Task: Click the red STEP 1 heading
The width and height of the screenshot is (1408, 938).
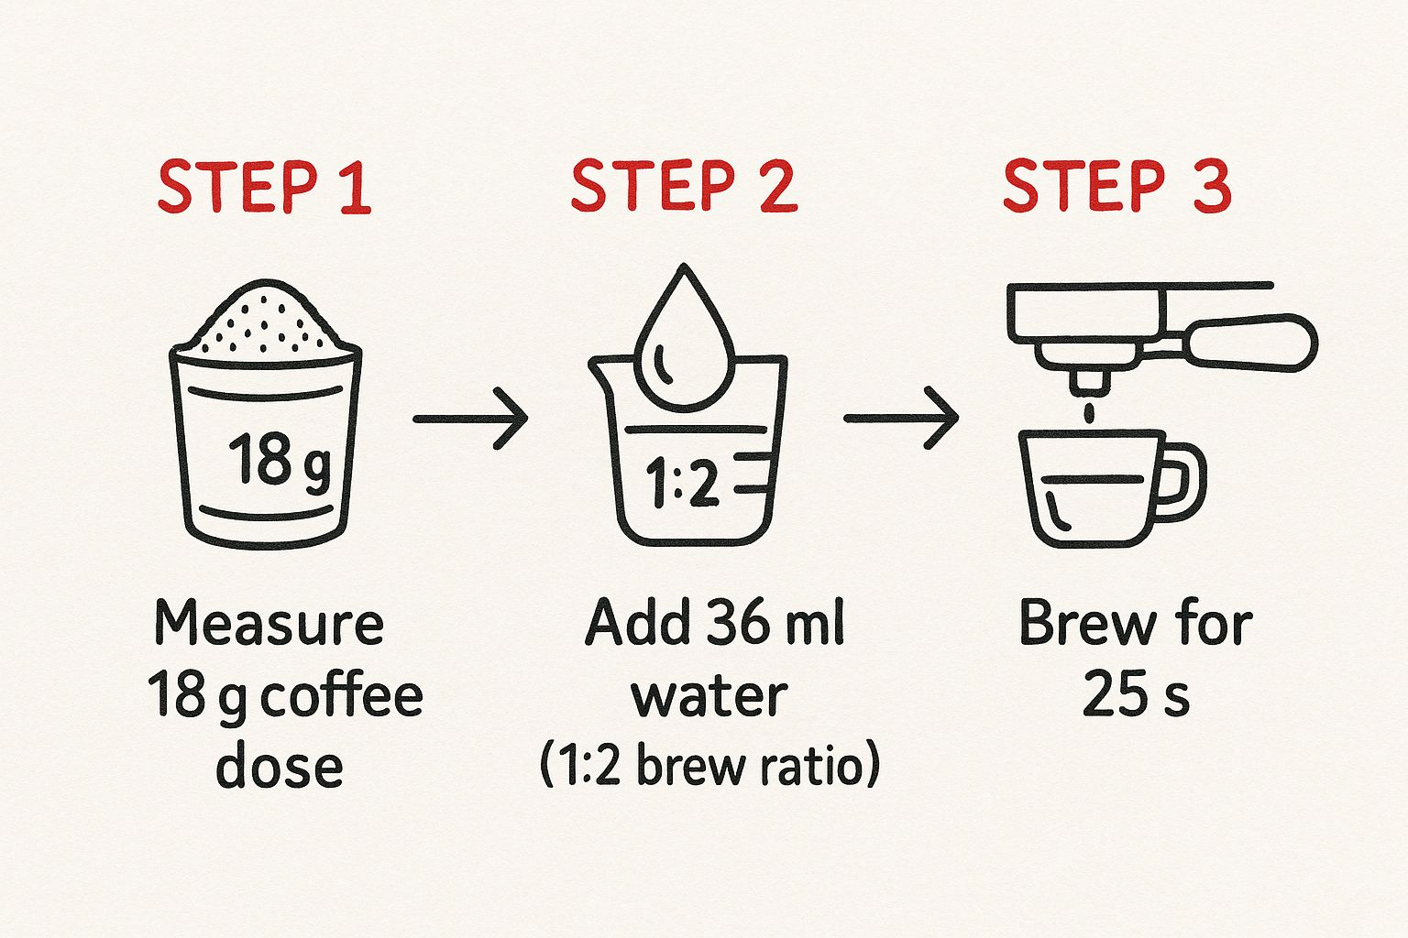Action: pyautogui.click(x=265, y=187)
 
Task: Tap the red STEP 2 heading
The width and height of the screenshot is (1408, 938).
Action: pyautogui.click(x=685, y=185)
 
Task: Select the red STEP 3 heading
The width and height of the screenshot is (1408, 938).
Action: pyautogui.click(x=1117, y=185)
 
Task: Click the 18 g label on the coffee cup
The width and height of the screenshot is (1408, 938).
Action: pyautogui.click(x=280, y=459)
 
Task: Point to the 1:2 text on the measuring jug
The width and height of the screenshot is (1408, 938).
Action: pyautogui.click(x=682, y=483)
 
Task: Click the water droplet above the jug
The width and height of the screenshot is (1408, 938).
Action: pyautogui.click(x=684, y=338)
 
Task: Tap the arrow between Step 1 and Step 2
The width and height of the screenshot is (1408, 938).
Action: pyautogui.click(x=470, y=419)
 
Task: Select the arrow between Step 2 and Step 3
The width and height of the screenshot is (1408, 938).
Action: pyautogui.click(x=901, y=418)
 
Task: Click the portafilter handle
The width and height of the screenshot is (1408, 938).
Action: pyautogui.click(x=1251, y=343)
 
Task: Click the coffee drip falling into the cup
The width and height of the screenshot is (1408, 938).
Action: pyautogui.click(x=1089, y=414)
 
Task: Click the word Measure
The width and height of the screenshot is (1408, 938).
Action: pyautogui.click(x=269, y=623)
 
